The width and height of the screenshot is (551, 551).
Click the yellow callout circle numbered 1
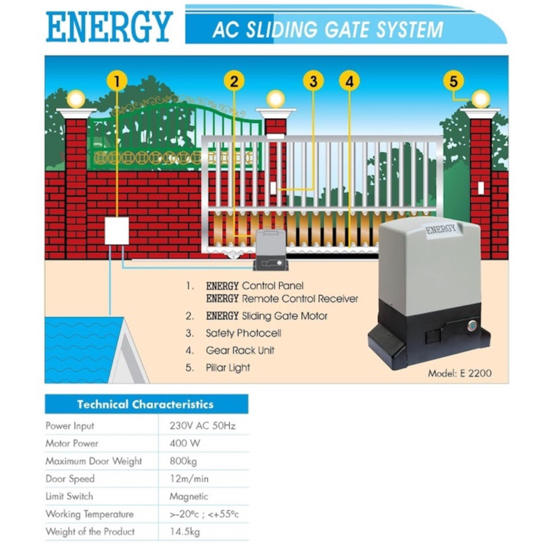point(117,81)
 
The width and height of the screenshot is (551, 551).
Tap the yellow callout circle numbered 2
point(234,81)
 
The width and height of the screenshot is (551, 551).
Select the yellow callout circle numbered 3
point(313,81)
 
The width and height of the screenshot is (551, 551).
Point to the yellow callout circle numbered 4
point(349,81)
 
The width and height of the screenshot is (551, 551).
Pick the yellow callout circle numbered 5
point(453,81)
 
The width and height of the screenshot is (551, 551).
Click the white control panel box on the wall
point(117,231)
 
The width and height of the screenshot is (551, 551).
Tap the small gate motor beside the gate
point(271,250)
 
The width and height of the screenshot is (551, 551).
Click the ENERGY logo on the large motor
point(441,229)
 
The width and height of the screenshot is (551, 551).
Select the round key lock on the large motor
point(472,326)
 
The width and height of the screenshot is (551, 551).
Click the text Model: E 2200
point(460,373)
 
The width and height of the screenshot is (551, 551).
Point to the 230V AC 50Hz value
point(202,426)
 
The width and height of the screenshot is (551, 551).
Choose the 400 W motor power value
point(185,443)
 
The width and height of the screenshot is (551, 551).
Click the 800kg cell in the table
point(183,461)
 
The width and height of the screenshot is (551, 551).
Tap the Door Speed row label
point(70,479)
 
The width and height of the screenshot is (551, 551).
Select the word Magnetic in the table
point(188,497)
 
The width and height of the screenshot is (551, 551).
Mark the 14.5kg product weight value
point(185,532)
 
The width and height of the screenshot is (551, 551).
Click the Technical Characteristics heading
point(145,404)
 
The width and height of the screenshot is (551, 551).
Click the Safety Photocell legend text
point(243,333)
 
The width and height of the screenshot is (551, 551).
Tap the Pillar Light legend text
point(228,368)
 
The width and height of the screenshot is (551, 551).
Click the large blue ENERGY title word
point(109,27)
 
